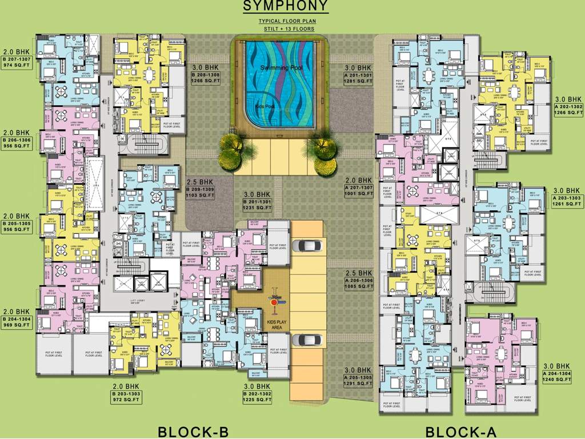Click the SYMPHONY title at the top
(286, 7)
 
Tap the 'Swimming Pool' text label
(281, 68)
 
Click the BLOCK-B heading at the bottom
(193, 432)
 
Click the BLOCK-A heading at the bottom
(462, 432)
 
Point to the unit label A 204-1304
(556, 374)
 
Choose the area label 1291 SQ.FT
(359, 384)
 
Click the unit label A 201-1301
(359, 75)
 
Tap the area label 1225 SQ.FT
(257, 400)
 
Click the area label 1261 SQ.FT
(566, 205)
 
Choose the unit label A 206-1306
(359, 280)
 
